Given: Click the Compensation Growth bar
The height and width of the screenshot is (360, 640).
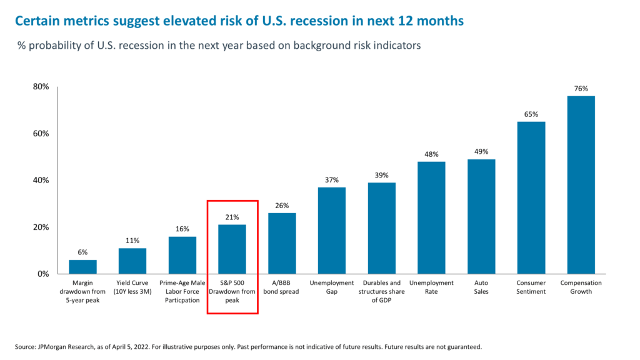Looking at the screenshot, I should point(581,184).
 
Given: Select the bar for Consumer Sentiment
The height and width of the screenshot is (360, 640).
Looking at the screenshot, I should point(531,197).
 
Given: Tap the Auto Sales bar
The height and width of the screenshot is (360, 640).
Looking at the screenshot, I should point(481,216).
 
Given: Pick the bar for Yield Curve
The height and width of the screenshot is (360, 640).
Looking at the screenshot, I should point(132,261).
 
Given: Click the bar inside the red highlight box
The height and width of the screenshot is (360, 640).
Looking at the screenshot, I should point(232,249).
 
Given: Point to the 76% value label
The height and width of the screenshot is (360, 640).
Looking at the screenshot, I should point(581,89).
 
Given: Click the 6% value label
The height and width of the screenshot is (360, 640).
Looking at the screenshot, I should point(82,252).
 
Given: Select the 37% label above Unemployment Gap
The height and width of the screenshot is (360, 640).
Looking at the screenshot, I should point(332,180).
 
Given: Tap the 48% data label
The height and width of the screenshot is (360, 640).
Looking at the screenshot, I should point(431,154).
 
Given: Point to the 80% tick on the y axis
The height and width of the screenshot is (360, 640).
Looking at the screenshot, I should point(41,87).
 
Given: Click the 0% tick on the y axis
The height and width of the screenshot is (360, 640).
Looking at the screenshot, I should point(43,274).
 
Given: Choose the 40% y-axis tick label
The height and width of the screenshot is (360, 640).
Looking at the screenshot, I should point(41,180).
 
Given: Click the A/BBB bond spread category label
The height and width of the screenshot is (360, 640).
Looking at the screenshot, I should point(282,287).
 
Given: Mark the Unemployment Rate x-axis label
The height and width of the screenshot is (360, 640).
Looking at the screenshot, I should point(431,287).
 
